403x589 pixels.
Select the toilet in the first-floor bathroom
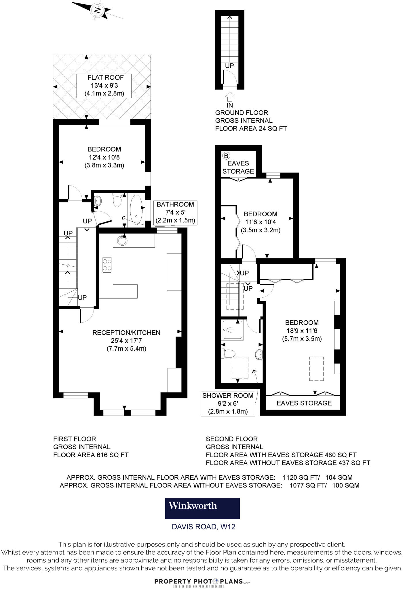[117, 200]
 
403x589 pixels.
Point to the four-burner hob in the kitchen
[107, 265]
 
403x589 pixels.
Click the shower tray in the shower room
[233, 330]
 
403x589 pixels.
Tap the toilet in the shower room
[228, 353]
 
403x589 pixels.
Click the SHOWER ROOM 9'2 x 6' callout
[228, 403]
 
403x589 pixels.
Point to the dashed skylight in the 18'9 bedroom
[316, 368]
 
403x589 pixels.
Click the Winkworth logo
[202, 508]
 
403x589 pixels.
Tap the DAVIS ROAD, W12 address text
[204, 527]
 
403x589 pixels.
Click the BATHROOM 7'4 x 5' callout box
[175, 213]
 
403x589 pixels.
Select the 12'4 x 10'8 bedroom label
[104, 157]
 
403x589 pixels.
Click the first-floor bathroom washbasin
[97, 201]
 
